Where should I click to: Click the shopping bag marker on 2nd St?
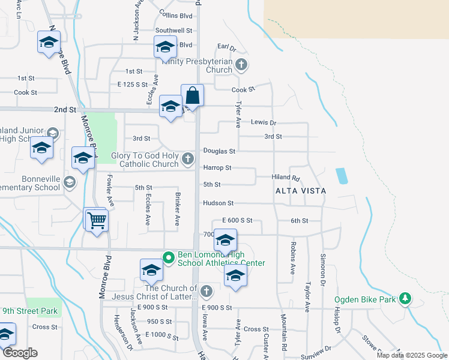click(192, 95)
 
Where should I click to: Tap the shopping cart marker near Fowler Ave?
click(97, 221)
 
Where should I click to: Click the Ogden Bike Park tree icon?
click(405, 298)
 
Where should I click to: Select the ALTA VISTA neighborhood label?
click(300, 191)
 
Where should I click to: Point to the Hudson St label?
click(218, 203)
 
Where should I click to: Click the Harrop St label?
click(217, 168)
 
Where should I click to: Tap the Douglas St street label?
click(218, 151)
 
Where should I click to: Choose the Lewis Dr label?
click(263, 122)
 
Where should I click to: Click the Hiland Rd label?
click(285, 178)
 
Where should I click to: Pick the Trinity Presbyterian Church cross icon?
click(241, 64)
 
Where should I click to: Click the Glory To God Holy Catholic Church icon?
click(188, 159)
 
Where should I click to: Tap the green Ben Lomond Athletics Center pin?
click(169, 258)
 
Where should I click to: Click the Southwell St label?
click(173, 30)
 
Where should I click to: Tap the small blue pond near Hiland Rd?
click(342, 176)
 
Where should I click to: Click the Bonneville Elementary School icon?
click(69, 182)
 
